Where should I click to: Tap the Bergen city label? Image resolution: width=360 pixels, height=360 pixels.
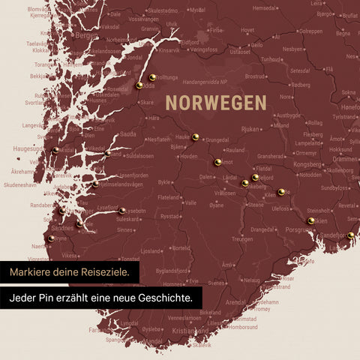[86, 35]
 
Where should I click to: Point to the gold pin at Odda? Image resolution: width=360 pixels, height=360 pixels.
[139, 85]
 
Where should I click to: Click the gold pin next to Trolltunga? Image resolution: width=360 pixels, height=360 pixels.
[151, 76]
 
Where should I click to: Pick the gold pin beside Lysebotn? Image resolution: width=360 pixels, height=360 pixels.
[122, 211]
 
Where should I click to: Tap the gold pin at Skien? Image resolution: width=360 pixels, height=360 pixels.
[311, 220]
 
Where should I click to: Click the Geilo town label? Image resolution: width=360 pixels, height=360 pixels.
[256, 44]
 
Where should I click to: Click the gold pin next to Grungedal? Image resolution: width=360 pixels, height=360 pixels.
[195, 136]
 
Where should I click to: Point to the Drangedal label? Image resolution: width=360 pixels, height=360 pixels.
[262, 229]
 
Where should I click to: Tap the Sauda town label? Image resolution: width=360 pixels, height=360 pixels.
[128, 133]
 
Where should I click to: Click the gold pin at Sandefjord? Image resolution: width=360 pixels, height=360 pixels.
[351, 235]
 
